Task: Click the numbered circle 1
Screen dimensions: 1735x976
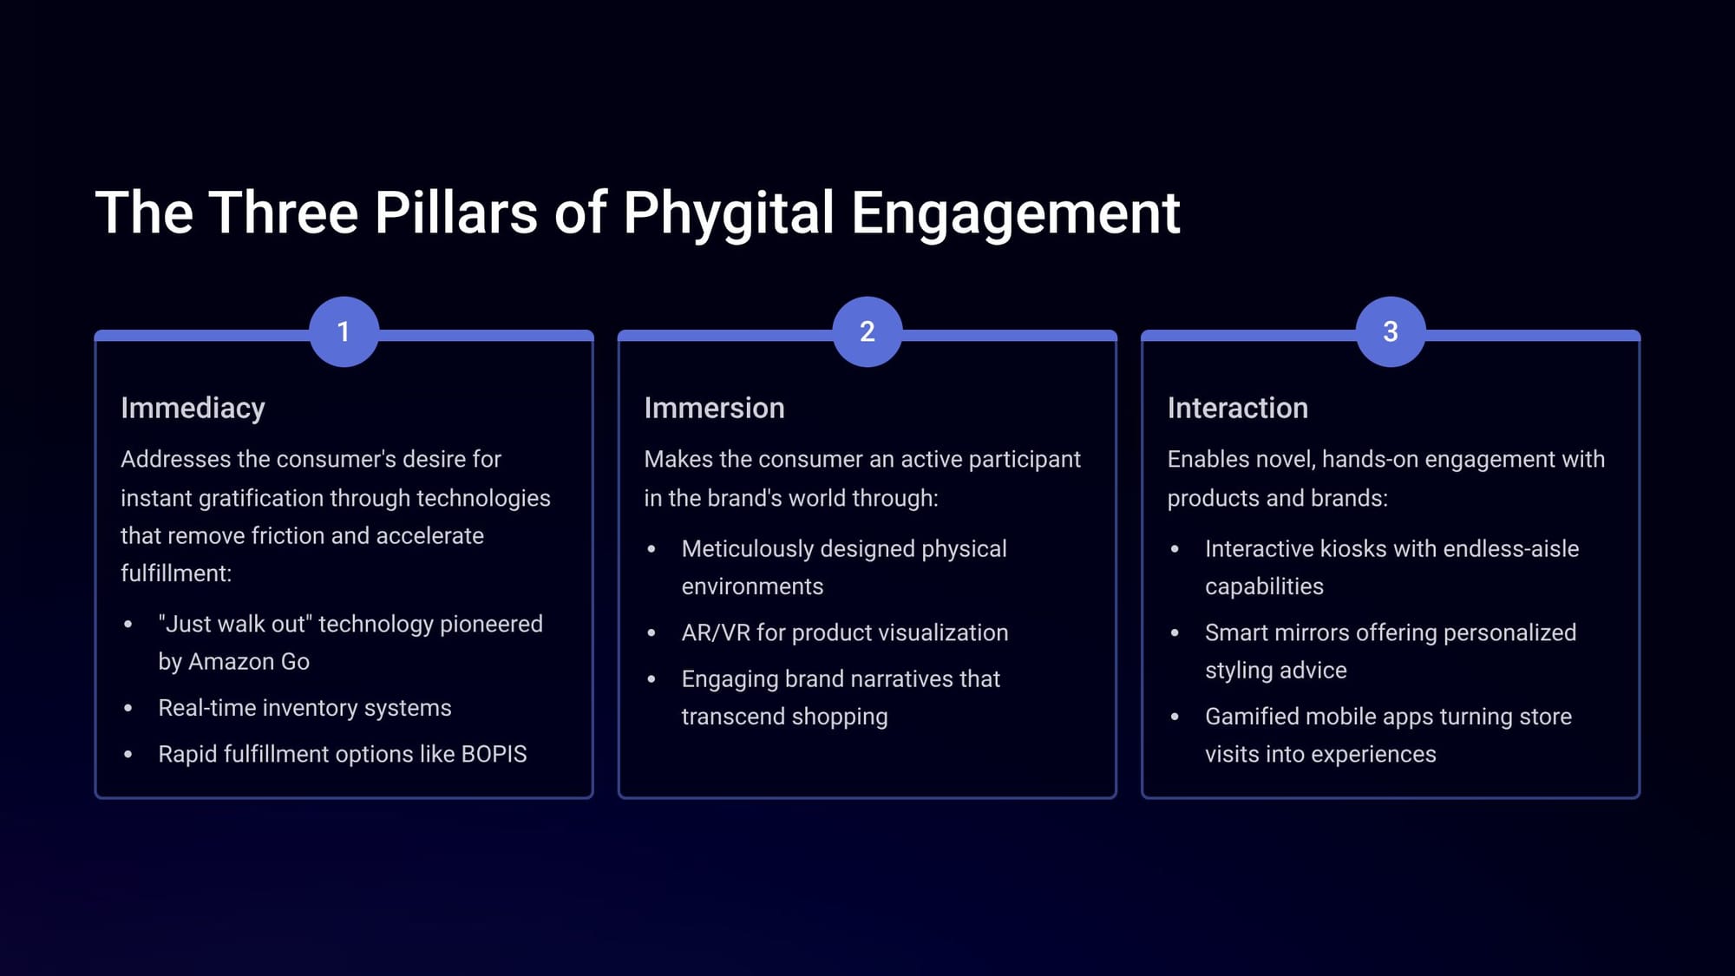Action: point(344,331)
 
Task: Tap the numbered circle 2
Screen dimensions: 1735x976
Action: point(867,331)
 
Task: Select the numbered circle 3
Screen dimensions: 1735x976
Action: point(1391,331)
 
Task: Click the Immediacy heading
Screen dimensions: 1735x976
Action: point(193,409)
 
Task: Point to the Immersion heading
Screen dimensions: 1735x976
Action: point(714,408)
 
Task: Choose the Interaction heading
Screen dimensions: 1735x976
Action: point(1237,408)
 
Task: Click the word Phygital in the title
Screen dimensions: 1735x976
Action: point(729,213)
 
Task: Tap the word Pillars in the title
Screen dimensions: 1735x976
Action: point(456,213)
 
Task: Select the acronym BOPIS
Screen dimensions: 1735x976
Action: point(494,754)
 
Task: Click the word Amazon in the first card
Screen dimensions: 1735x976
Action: point(231,662)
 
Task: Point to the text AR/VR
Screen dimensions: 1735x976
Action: point(716,632)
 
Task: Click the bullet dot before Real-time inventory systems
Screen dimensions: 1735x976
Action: point(128,709)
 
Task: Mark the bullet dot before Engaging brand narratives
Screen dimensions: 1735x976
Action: point(651,679)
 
